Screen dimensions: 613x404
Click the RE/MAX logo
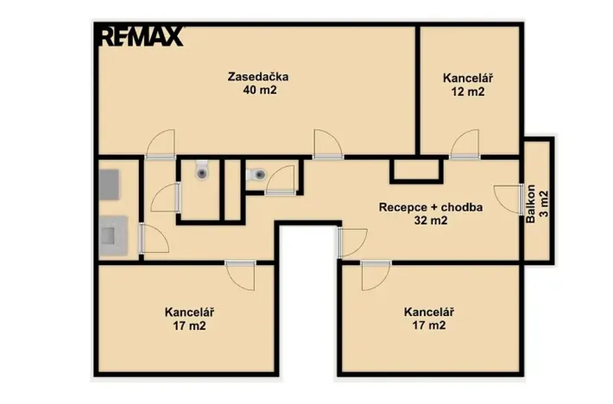click(142, 36)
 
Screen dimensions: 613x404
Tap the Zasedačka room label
click(258, 77)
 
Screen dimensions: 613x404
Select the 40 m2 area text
click(260, 91)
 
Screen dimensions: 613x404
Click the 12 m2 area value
click(468, 92)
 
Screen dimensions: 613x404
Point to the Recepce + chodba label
click(431, 207)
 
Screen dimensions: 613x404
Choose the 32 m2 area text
click(431, 221)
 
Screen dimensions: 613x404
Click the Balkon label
click(530, 204)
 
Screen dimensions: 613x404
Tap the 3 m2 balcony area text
click(544, 204)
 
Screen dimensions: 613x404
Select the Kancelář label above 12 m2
click(468, 79)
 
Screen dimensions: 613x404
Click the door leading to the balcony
click(509, 199)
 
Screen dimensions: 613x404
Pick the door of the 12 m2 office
click(464, 144)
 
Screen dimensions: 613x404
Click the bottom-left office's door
click(240, 275)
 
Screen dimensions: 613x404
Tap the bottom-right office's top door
click(376, 275)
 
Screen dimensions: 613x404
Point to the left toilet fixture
click(202, 169)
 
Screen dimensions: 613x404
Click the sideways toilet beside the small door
click(256, 174)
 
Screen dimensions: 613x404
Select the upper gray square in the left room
click(109, 185)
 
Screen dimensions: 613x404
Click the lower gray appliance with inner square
click(113, 236)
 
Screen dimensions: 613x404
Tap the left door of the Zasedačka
click(161, 144)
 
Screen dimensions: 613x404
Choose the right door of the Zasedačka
click(328, 144)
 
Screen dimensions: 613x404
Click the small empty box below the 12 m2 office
click(416, 170)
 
